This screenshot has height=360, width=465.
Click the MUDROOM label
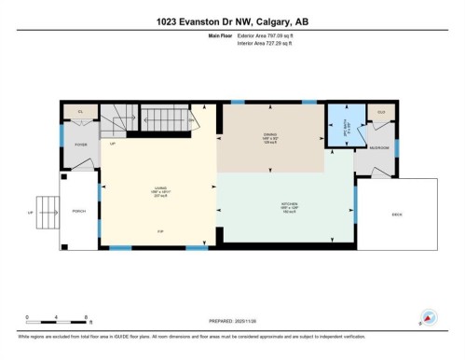click(378, 148)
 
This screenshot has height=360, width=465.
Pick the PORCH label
click(79, 212)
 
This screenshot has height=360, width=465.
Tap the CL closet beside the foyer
click(81, 111)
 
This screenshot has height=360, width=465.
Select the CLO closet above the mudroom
click(380, 112)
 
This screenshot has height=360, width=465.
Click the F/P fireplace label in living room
click(159, 231)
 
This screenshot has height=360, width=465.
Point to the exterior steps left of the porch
click(43, 212)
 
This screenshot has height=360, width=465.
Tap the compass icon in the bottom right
click(428, 317)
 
